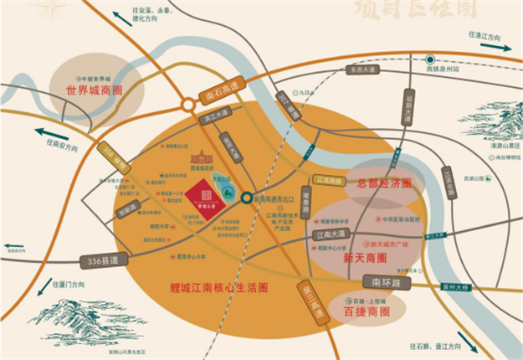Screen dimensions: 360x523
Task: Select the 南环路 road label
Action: pyautogui.click(x=388, y=284)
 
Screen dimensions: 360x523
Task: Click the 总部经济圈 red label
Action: pyautogui.click(x=384, y=183)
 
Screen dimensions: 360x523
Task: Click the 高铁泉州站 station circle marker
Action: pyautogui.click(x=429, y=59)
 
